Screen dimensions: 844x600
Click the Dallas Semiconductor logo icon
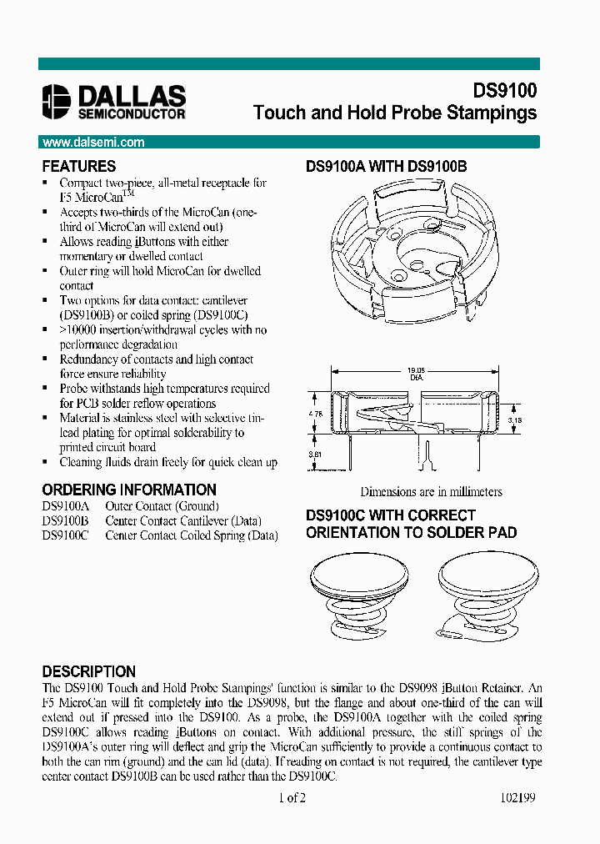57,99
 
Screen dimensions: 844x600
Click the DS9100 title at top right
505,91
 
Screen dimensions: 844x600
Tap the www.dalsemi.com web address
93,143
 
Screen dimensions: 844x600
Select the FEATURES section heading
79,166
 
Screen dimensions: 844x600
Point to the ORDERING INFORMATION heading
129,490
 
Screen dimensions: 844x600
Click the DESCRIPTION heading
88,671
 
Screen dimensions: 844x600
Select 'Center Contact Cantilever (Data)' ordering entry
191,521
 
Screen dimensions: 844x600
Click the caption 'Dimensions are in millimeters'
431,492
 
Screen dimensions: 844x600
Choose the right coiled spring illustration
484,596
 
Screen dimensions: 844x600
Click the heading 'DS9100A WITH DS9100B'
386,167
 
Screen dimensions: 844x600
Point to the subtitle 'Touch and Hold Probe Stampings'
394,113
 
